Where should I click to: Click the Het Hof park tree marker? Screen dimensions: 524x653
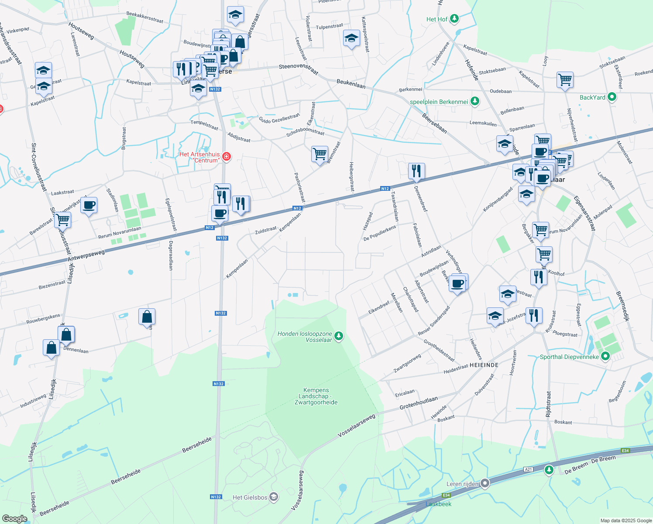pos(454,19)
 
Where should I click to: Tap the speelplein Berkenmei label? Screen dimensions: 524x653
pos(439,102)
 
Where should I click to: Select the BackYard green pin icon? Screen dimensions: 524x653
pos(612,97)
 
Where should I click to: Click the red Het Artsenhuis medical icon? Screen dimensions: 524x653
pos(226,156)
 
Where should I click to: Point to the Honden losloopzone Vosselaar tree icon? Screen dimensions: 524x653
pos(339,336)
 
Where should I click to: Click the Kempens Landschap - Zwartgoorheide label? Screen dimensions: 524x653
pos(316,396)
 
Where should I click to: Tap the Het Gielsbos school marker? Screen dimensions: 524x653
pos(274,497)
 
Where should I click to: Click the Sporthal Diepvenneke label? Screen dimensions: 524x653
pos(569,357)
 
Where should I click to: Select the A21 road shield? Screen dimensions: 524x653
pos(529,469)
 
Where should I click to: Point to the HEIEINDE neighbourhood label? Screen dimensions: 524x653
pos(484,365)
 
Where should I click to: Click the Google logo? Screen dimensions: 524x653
pos(15,519)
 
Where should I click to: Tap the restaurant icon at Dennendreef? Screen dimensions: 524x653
pos(416,171)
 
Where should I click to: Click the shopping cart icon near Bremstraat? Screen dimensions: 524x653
pos(320,154)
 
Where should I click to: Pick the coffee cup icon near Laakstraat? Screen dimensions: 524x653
pos(89,205)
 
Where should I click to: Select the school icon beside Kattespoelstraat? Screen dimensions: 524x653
pos(351,38)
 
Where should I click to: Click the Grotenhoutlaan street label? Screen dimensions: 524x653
pos(418,403)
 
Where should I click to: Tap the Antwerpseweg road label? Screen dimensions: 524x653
pos(86,256)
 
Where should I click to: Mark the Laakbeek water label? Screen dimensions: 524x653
pos(438,504)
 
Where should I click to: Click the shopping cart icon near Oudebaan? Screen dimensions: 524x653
pos(565,80)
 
